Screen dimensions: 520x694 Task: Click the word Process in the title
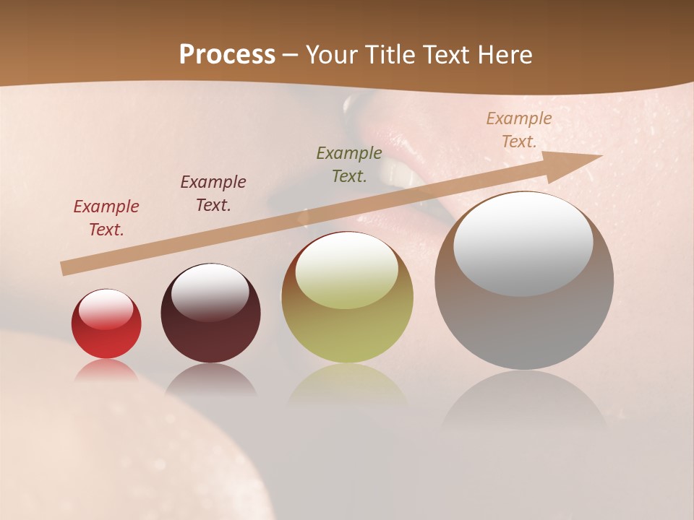point(227,55)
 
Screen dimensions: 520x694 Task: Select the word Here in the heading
point(504,55)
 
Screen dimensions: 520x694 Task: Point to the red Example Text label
point(106,218)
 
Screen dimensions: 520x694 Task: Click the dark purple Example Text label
point(213,194)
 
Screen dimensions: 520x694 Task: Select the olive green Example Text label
point(349,165)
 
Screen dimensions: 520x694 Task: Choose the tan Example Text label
point(519,130)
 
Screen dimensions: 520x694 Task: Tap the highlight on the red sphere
point(106,309)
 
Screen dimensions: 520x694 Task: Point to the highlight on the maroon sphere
point(210,291)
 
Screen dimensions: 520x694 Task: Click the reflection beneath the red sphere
point(106,370)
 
